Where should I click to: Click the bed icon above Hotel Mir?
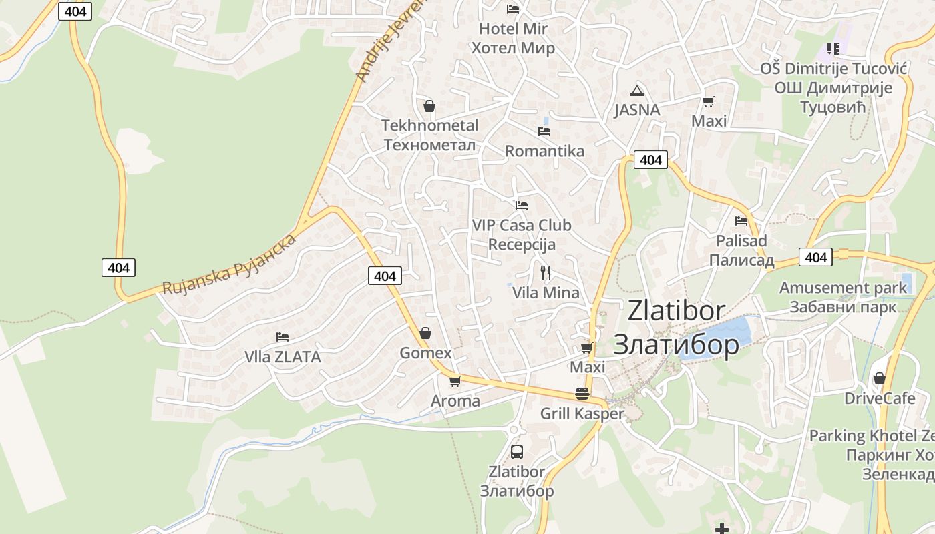pyautogui.click(x=513, y=9)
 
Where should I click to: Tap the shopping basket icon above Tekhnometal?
pyautogui.click(x=429, y=106)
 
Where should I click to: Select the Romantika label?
pyautogui.click(x=544, y=151)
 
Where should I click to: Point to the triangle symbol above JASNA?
pyautogui.click(x=636, y=91)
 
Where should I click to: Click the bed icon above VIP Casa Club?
pyautogui.click(x=521, y=205)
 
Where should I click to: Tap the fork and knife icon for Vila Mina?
pyautogui.click(x=546, y=272)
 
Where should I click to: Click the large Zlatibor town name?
pyautogui.click(x=676, y=327)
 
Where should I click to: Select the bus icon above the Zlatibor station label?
pyautogui.click(x=517, y=451)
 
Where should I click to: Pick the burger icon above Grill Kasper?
pyautogui.click(x=582, y=394)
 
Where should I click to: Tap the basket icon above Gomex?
pyautogui.click(x=425, y=333)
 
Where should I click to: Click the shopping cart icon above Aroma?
pyautogui.click(x=455, y=381)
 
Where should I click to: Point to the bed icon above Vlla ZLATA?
pyautogui.click(x=283, y=337)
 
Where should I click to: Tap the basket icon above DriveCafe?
pyautogui.click(x=880, y=378)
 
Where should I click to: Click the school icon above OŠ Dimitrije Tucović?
pyautogui.click(x=833, y=48)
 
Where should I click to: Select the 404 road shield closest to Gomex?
pyautogui.click(x=385, y=276)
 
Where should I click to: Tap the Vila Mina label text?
pyautogui.click(x=546, y=292)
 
